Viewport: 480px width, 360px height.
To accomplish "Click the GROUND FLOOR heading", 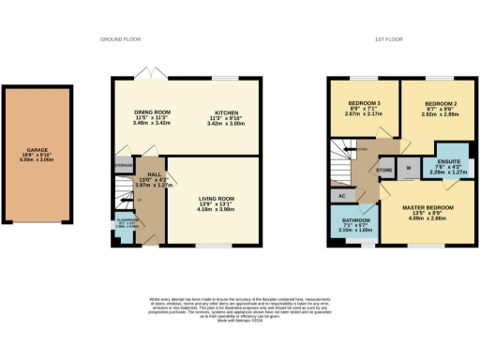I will point(120,38).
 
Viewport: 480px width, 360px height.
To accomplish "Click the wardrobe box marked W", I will point(408,170).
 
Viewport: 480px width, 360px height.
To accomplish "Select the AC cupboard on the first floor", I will point(341,195).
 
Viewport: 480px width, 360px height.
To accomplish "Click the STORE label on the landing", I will point(382,171).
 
